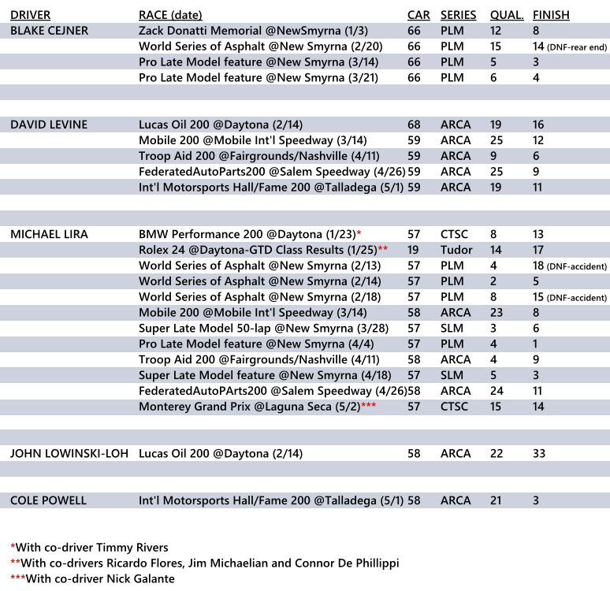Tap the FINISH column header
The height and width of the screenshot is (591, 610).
[551, 15]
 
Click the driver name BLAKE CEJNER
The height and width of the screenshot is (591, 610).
[50, 31]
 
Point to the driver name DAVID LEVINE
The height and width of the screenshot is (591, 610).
[49, 125]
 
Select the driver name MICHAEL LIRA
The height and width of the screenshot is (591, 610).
[49, 234]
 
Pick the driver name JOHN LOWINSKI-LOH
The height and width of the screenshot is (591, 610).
[69, 454]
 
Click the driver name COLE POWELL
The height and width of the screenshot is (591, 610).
[48, 500]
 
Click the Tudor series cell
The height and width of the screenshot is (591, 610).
[456, 250]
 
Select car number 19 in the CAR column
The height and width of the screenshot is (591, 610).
[414, 250]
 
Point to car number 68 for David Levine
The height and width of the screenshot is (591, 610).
[414, 125]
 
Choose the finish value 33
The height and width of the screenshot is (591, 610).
[540, 454]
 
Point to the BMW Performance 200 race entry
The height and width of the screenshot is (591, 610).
[247, 234]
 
